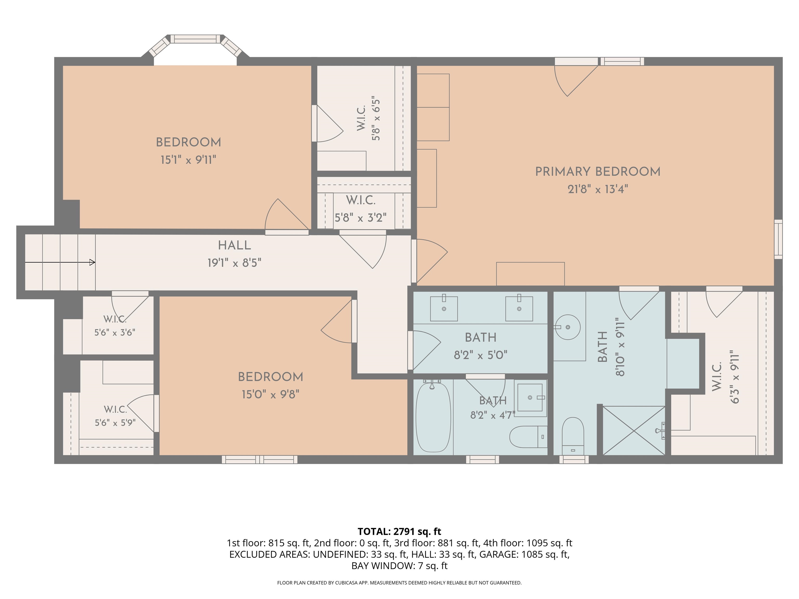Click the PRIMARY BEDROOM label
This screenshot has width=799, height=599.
click(598, 172)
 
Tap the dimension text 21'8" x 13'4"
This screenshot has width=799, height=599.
click(598, 189)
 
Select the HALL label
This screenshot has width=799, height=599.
click(234, 245)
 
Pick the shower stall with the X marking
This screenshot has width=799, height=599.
click(634, 430)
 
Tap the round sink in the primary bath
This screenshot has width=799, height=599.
click(568, 327)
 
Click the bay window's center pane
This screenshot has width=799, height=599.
click(195, 39)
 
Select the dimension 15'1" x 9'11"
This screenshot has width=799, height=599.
click(188, 160)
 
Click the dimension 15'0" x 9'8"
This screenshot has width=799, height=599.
click(270, 394)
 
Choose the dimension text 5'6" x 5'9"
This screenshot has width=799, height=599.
click(115, 422)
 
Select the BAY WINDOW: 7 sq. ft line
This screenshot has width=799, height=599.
click(399, 565)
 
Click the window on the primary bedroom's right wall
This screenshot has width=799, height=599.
click(778, 239)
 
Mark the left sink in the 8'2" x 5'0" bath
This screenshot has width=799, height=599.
click(444, 308)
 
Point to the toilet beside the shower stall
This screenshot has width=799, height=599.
click(573, 436)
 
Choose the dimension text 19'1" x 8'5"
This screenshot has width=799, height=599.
click(234, 263)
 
